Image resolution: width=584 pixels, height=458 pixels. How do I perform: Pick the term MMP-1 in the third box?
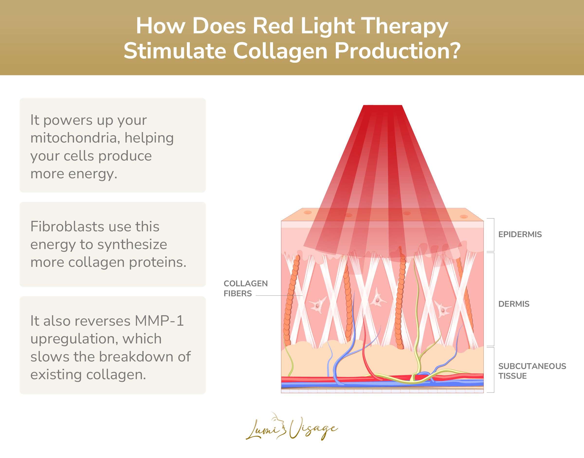[x=159, y=321]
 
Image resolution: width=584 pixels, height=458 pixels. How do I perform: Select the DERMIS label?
[x=514, y=304]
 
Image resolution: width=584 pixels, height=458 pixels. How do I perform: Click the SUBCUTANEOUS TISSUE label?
[x=532, y=371]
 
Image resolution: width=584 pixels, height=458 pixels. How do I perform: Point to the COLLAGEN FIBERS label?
[x=245, y=288]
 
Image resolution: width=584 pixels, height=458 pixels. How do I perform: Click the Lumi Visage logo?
[x=292, y=427]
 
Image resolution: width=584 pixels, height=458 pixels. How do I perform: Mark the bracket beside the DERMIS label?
[x=493, y=299]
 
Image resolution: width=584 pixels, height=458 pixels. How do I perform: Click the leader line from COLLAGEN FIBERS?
[x=279, y=296]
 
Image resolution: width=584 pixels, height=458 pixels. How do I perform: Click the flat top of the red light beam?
[x=383, y=105]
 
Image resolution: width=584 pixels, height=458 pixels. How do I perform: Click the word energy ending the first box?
[x=92, y=174]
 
